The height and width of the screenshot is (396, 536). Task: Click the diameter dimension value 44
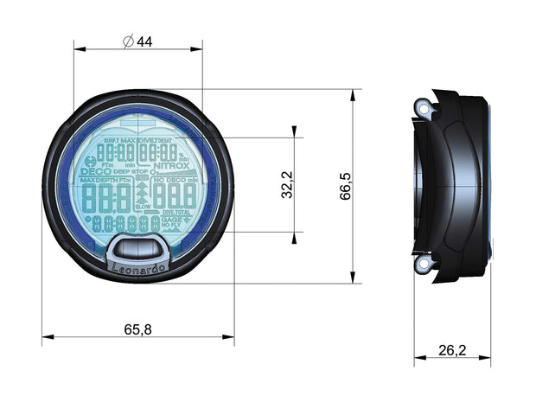[x=144, y=42]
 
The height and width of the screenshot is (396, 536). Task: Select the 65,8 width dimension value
[x=137, y=329]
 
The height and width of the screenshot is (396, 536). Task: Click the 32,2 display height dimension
[x=287, y=185]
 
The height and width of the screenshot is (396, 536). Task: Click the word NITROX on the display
[x=171, y=165]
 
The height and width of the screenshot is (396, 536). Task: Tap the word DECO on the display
[x=93, y=171]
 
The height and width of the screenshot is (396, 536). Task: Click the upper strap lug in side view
[x=423, y=108]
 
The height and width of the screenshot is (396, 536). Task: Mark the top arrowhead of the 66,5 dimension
[x=353, y=93]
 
